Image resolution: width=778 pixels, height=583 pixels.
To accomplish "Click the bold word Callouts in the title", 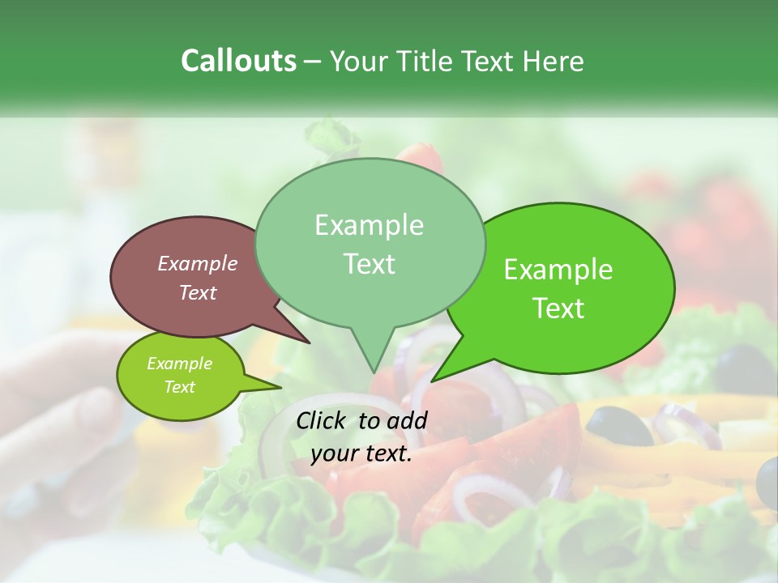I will tap(238, 61).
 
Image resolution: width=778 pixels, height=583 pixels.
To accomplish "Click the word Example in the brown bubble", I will tap(198, 263).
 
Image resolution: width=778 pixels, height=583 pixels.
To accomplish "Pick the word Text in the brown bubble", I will tap(198, 292).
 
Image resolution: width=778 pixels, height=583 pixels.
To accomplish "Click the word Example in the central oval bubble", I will tap(369, 225).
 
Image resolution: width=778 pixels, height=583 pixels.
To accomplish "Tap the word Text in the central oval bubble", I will tap(369, 264).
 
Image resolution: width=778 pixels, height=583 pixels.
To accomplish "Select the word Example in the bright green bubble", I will tap(558, 270).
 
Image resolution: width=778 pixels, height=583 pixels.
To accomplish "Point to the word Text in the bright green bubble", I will tap(558, 309).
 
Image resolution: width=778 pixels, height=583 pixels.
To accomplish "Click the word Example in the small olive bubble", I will tap(179, 364).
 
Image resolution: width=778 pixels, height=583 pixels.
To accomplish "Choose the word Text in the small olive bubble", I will tap(179, 387).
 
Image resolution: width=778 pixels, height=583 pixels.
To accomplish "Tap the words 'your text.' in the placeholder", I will tap(361, 454).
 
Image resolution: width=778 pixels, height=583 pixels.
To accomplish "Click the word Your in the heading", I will tap(360, 61).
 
